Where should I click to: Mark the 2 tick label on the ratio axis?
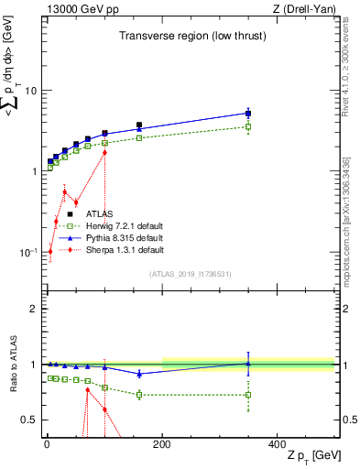(32, 309)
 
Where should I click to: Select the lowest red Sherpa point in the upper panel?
(49, 251)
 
